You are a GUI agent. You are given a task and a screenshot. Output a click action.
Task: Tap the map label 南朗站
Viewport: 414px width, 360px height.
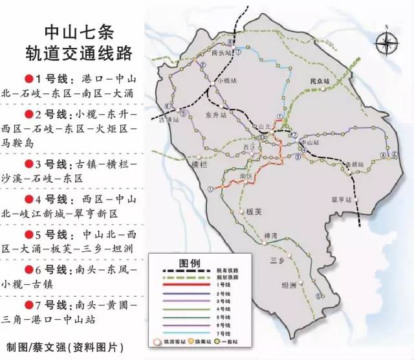pos(354,164)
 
